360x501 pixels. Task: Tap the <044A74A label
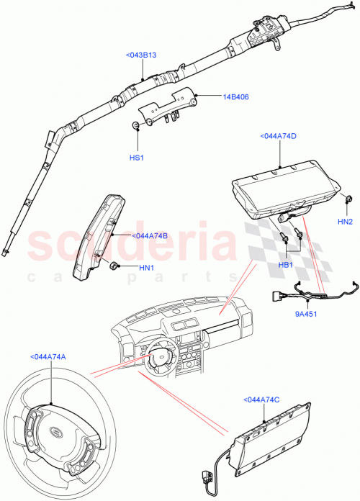point(48,356)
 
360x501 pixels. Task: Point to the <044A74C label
point(263,400)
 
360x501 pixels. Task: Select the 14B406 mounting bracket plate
point(167,107)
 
